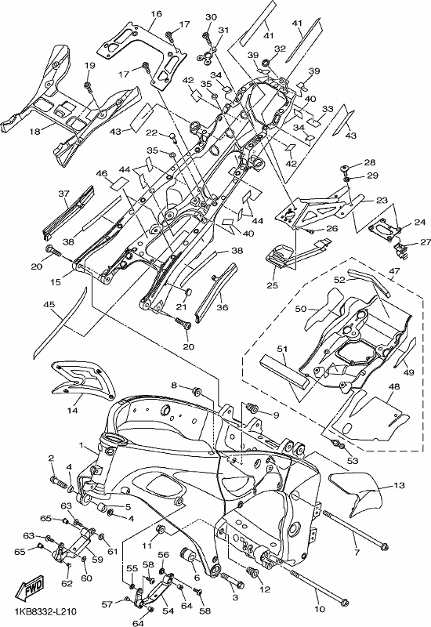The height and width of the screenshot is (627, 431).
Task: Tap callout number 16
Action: coord(157,14)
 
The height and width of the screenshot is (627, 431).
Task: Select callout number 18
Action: coord(35,131)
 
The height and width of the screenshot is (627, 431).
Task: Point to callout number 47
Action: coord(395,271)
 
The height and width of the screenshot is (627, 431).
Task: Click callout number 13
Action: coord(400,485)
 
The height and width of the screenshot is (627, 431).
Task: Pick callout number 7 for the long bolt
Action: coord(357,553)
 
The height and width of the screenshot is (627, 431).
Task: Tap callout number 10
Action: coord(320,609)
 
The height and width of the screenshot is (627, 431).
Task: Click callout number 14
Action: coord(72,410)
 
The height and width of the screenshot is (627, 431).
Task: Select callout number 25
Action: coord(273,285)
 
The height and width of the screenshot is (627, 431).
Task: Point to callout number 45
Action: coord(49,305)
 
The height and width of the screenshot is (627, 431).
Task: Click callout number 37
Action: coord(64,194)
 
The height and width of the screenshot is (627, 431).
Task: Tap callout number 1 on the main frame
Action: coord(81,444)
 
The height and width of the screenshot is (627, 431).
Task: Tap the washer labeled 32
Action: coord(266,63)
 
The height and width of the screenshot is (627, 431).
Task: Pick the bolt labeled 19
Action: coord(87,85)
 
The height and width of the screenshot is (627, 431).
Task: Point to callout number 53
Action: coord(352,460)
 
